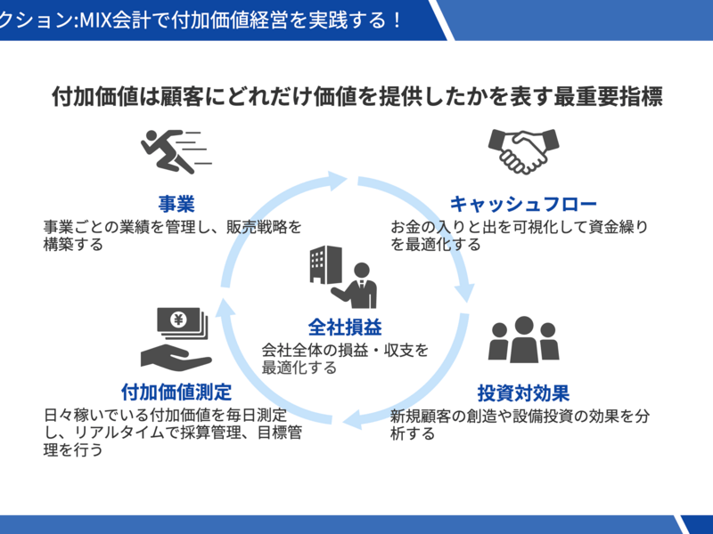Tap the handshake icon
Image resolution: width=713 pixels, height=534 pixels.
522,150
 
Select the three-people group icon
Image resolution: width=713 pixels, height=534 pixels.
523,339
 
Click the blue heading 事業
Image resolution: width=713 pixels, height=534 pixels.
176,204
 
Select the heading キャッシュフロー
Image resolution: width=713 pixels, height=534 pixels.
523,204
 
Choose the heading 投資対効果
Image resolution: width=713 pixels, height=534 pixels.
523,392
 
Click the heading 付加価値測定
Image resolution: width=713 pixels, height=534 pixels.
176,392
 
